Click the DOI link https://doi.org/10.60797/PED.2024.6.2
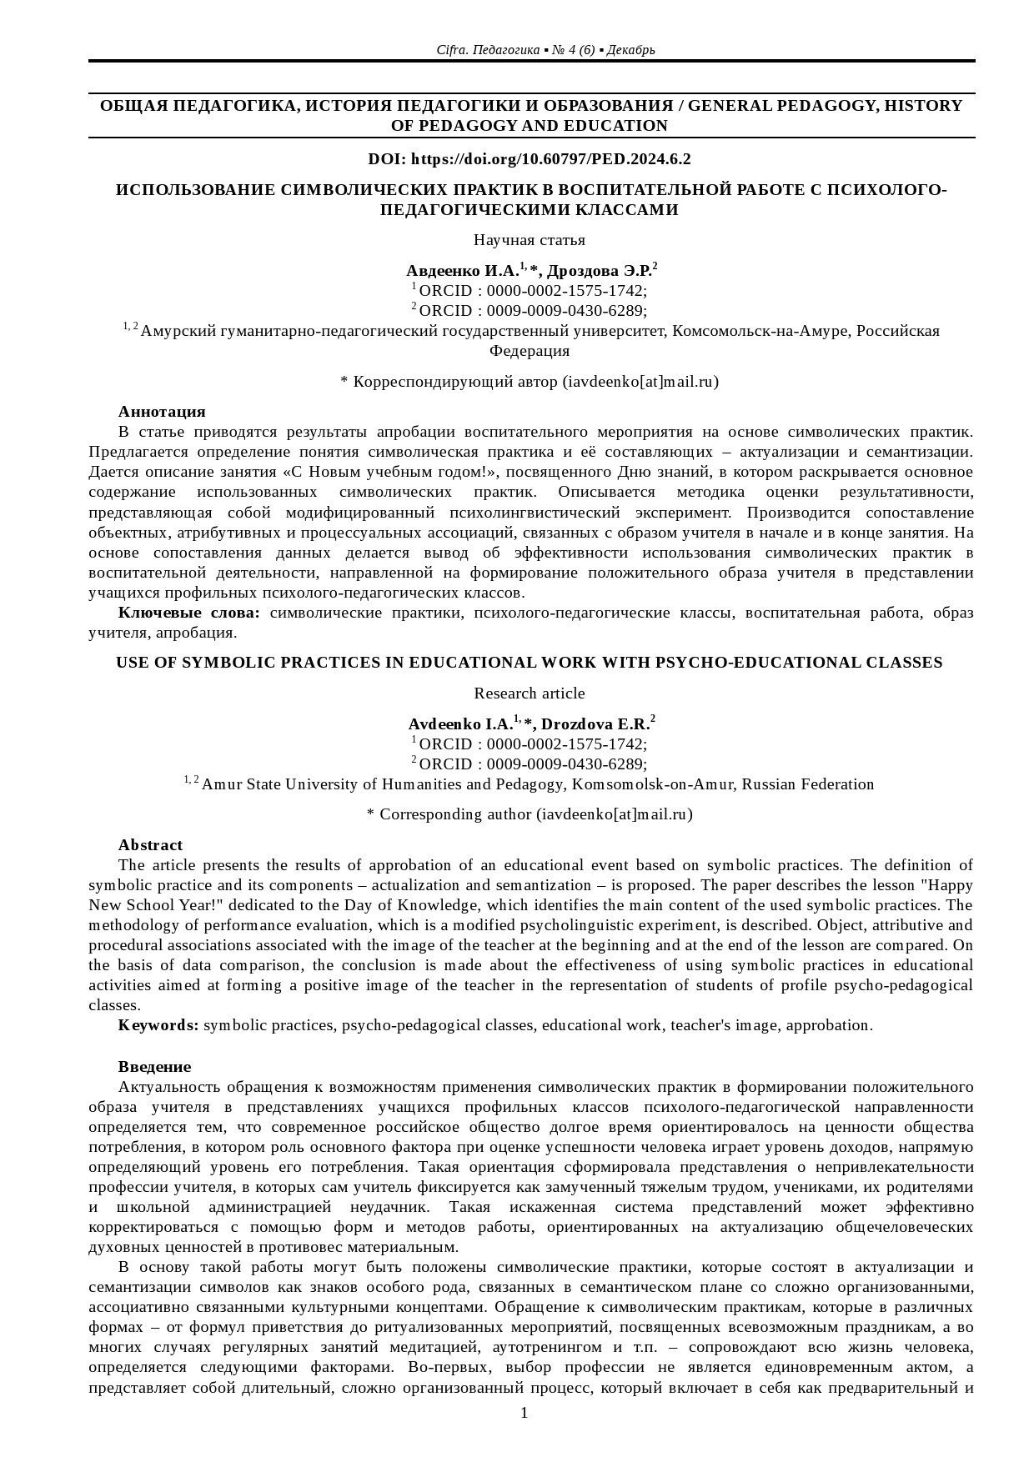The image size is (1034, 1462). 551,159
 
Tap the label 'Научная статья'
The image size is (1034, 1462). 529,240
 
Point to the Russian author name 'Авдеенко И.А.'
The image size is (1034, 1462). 462,271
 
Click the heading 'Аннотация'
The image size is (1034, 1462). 162,412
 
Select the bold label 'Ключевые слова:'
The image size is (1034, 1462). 189,613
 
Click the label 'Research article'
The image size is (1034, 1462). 529,693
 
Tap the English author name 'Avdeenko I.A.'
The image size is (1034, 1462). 460,724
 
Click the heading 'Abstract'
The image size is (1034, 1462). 150,845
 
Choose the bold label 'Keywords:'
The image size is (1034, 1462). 158,1025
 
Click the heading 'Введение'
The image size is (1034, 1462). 154,1067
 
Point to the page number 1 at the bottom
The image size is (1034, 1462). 525,1412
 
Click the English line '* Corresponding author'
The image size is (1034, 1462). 529,814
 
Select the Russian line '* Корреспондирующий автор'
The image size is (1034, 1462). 529,382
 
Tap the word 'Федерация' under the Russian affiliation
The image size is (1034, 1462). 529,351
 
